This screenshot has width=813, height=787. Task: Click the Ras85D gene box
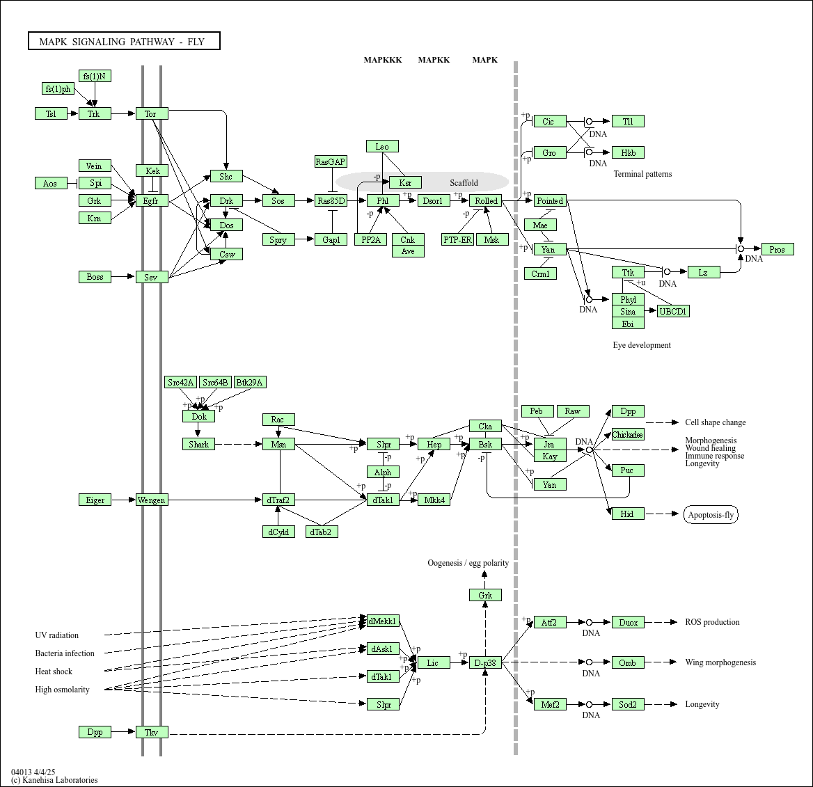coord(331,201)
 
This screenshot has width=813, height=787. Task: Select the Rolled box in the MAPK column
coord(486,201)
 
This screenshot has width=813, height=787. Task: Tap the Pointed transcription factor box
coord(550,201)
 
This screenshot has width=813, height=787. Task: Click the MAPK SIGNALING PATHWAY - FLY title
coord(124,42)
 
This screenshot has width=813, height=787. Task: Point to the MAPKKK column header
coord(383,60)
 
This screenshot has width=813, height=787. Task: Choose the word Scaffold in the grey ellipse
coord(464,183)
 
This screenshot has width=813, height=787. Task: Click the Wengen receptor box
coord(152,500)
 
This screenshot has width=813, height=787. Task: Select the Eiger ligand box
coord(95,500)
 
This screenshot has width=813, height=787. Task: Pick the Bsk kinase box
coord(485,445)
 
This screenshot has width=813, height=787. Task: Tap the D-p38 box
coord(485,663)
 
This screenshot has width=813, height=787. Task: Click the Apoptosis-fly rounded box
coord(711,515)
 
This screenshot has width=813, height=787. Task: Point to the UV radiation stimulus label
coord(57,635)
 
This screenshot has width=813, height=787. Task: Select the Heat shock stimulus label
coord(54,671)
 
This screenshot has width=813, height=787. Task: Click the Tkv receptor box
coord(152,732)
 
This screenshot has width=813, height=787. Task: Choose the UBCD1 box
coord(673,312)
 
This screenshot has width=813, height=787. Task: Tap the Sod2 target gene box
coord(628,704)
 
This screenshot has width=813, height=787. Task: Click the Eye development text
coord(642,345)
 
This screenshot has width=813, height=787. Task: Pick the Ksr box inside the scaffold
coord(405,183)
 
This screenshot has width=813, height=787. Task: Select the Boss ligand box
coord(95,277)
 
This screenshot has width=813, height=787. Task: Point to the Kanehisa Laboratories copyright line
coord(54,780)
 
